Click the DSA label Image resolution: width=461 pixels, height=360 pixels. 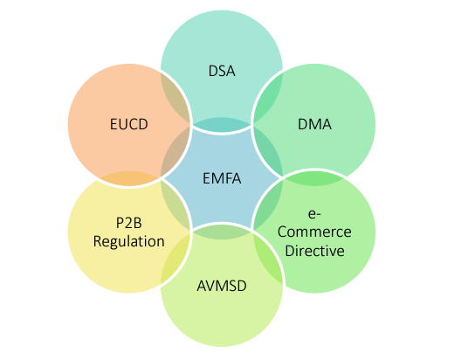click(x=222, y=71)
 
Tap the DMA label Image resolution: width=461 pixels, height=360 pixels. click(x=314, y=124)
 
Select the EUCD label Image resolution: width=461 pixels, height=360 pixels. click(x=128, y=124)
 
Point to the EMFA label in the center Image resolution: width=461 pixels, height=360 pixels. click(x=222, y=178)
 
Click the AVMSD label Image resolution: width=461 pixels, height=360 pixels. click(x=222, y=286)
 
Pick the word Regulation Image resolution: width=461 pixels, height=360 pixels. click(x=128, y=242)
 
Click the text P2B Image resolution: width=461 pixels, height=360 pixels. click(x=128, y=223)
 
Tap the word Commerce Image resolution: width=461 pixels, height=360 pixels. click(x=314, y=232)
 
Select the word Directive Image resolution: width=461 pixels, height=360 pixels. click(x=314, y=251)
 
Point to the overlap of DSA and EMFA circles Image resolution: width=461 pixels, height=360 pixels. click(x=222, y=124)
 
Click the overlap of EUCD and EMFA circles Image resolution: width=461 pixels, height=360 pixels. click(x=175, y=152)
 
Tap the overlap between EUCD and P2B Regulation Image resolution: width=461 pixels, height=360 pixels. click(x=128, y=178)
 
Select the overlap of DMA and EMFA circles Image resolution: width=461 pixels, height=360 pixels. click(x=268, y=152)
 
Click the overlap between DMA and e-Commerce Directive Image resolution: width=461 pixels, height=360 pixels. click(x=314, y=178)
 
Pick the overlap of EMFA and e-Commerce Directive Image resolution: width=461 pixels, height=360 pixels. click(x=267, y=205)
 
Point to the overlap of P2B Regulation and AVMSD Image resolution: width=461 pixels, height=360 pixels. click(x=175, y=259)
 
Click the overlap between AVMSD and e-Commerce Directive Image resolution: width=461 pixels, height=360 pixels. click(x=267, y=259)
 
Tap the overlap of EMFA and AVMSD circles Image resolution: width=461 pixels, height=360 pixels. click(x=222, y=232)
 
